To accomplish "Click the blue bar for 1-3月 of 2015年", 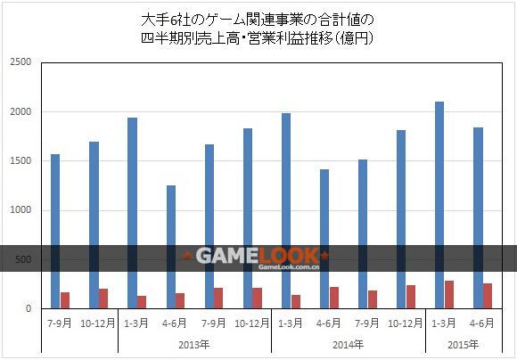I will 439,205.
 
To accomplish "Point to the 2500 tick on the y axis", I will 21,62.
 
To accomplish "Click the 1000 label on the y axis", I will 21,210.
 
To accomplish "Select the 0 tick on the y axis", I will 29,309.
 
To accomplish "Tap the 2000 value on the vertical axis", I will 21,111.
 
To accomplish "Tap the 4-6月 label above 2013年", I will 175,323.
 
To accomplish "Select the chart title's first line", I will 258,20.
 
